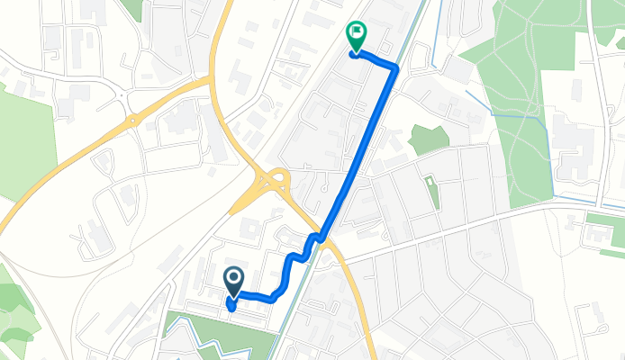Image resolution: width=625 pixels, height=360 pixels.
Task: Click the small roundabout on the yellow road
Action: [131, 117]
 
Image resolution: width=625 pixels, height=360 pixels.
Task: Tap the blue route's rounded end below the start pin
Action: [232, 305]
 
